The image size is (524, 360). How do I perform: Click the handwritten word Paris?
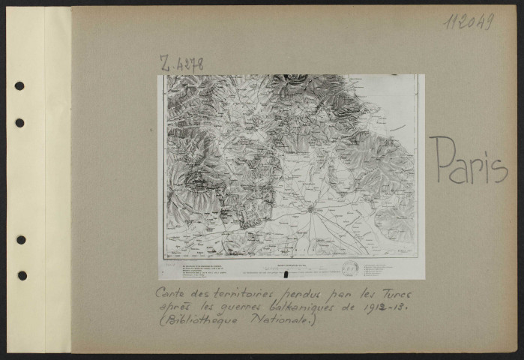point(469,161)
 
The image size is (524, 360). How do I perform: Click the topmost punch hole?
point(19,85)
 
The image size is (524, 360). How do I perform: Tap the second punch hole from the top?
point(19,122)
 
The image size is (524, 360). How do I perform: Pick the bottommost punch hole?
point(20,275)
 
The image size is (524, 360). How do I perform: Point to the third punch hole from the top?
point(20,239)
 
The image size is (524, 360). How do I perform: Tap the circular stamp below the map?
point(349,268)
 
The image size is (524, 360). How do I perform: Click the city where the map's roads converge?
point(310,208)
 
